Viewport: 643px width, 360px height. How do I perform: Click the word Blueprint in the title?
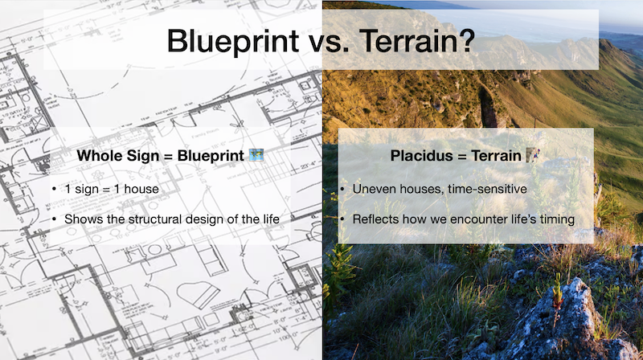pyautogui.click(x=233, y=42)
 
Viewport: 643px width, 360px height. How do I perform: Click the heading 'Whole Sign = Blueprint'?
pyautogui.click(x=160, y=156)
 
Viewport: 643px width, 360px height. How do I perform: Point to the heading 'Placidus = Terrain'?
pyautogui.click(x=456, y=156)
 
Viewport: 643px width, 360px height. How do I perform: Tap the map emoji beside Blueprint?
pyautogui.click(x=256, y=155)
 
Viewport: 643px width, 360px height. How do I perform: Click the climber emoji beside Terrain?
pyautogui.click(x=533, y=155)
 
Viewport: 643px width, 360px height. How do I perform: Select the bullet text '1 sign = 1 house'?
pyautogui.click(x=112, y=189)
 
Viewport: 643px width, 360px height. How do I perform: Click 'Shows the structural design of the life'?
pyautogui.click(x=172, y=219)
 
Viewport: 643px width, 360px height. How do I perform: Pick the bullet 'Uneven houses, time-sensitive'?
pyautogui.click(x=440, y=189)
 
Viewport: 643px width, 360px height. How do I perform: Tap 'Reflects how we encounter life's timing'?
pyautogui.click(x=464, y=219)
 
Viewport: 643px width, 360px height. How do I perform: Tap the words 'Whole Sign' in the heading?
pyautogui.click(x=118, y=156)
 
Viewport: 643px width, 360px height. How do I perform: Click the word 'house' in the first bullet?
pyautogui.click(x=141, y=189)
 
